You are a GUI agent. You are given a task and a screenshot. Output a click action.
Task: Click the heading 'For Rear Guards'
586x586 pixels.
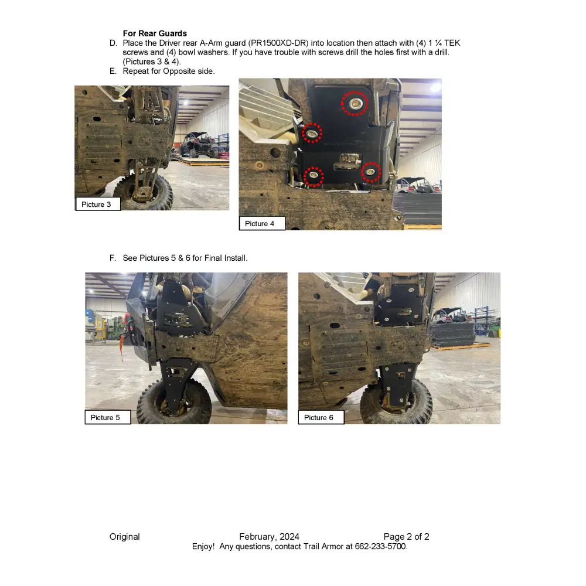coord(155,34)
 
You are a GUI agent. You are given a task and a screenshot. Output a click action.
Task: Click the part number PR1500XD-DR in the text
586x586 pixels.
coord(278,43)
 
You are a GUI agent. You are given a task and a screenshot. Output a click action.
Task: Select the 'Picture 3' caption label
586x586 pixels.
coord(97,205)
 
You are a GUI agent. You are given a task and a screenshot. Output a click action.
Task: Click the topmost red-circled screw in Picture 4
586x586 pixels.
coord(355,104)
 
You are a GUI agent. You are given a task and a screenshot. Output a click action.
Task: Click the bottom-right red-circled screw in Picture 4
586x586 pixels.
coord(371,172)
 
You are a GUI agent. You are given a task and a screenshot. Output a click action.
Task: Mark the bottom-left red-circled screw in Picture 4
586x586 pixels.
coord(314,175)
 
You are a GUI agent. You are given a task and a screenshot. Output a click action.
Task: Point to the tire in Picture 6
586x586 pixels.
coord(398,404)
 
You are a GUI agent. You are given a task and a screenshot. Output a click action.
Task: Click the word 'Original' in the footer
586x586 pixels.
coord(125,537)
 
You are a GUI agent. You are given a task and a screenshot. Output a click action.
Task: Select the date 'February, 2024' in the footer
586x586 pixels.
coord(269,537)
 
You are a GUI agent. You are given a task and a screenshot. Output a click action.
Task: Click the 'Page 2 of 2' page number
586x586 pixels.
coord(407,537)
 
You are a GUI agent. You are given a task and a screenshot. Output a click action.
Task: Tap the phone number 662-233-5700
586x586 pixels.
coord(380,547)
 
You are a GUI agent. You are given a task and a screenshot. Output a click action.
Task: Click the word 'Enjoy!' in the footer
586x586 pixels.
coord(203,547)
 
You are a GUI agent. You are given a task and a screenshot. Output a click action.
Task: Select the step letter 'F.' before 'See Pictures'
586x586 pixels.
coord(113,258)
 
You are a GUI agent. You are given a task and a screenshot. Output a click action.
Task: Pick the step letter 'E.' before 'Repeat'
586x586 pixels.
coord(113,71)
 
